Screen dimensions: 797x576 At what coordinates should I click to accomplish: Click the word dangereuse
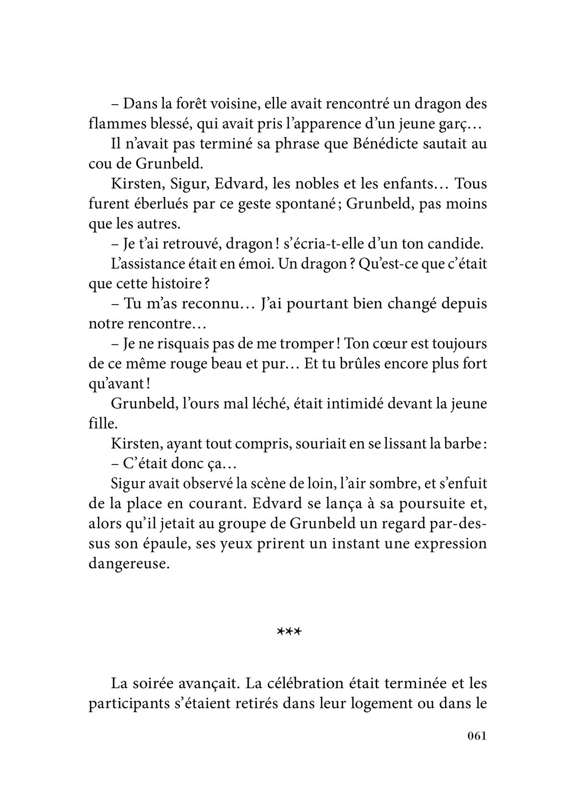point(129,564)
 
